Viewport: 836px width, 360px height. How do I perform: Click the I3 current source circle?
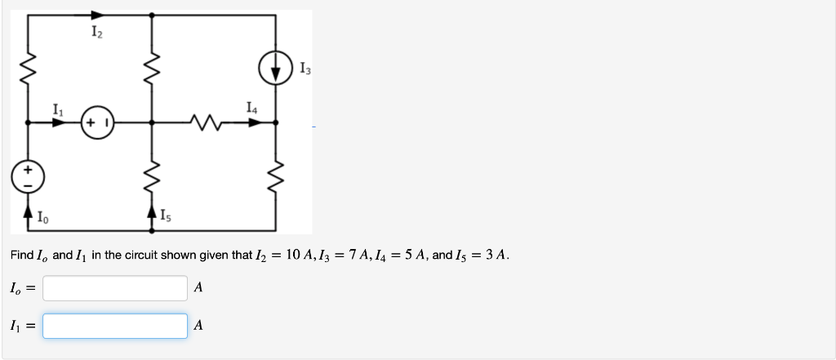[x=276, y=66]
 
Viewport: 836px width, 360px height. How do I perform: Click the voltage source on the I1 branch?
[x=97, y=123]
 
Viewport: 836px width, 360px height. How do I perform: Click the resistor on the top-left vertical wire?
[x=29, y=70]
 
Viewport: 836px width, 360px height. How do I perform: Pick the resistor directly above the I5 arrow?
[x=151, y=172]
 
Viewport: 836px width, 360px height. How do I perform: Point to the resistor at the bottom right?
[x=276, y=172]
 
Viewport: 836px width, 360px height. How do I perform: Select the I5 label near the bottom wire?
[x=165, y=217]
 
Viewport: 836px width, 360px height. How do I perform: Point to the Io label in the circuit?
[x=42, y=217]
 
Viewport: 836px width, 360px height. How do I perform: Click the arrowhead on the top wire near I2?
[x=97, y=15]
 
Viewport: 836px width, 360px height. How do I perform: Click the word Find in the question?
[x=21, y=255]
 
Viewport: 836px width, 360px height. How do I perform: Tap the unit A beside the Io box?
[x=199, y=287]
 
